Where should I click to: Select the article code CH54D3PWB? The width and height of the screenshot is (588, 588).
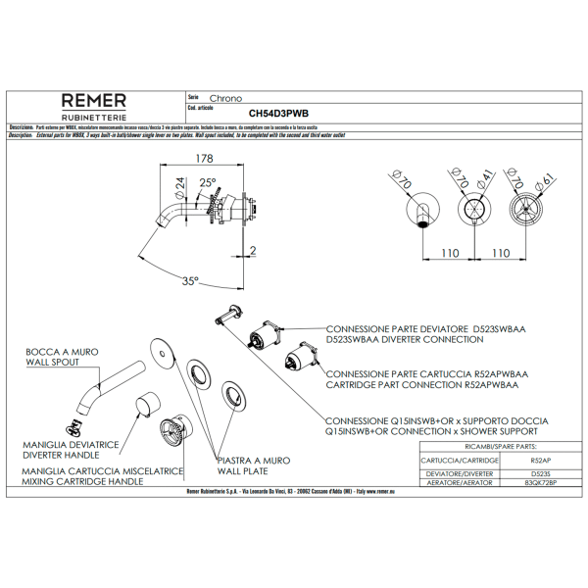(279, 114)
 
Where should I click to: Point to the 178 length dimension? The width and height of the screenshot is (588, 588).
(204, 159)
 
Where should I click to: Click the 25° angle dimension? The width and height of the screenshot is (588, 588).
(207, 182)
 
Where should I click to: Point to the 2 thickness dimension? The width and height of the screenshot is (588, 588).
(253, 250)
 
